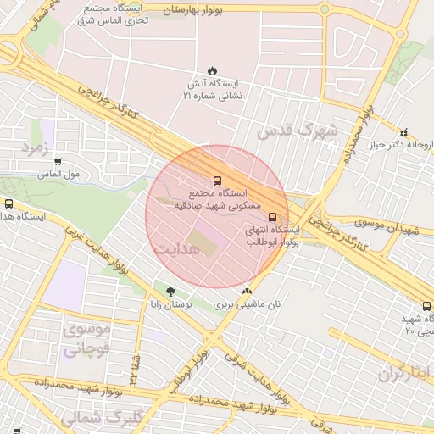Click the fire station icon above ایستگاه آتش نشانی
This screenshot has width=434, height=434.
pos(212,72)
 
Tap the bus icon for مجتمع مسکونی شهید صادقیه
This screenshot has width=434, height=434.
pos(217,181)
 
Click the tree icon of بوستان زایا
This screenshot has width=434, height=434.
pos(171,291)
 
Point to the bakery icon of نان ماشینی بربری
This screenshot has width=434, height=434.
pos(247,291)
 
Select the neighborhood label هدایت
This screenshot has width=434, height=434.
pos(177,248)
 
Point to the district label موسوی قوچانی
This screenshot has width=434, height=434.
pos(87,337)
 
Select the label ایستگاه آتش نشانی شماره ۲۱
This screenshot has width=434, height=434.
pos(212,91)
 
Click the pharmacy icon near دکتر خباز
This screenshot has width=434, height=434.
pos(403,133)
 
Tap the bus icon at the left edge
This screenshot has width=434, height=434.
pos(9,203)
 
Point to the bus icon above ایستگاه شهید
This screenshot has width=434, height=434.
pos(426,306)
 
